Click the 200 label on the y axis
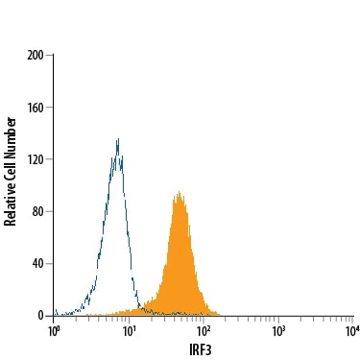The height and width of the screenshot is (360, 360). (36, 56)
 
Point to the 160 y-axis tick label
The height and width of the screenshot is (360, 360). (36, 108)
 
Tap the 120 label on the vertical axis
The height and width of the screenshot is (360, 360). (36, 159)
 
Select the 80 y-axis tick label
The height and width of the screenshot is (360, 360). (37, 211)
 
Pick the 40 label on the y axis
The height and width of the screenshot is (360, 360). (37, 264)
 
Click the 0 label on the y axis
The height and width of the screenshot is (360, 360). (40, 316)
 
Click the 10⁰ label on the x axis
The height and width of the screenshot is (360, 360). (54, 331)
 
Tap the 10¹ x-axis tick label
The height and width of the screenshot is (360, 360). (129, 331)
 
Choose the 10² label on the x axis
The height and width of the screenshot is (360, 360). (204, 331)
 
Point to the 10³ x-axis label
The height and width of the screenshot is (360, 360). (278, 331)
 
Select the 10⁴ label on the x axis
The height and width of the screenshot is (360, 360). (352, 331)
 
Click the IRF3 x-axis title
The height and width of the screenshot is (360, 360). (201, 350)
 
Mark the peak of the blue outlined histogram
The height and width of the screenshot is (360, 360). (118, 138)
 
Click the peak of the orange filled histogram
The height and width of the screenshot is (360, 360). (180, 192)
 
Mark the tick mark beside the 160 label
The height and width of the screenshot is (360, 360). (49, 108)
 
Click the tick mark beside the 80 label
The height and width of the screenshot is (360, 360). (49, 211)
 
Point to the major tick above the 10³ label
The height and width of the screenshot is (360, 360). (278, 320)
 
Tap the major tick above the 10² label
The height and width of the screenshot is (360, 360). (204, 320)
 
